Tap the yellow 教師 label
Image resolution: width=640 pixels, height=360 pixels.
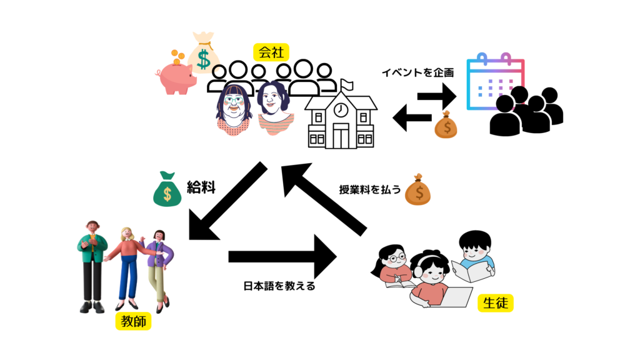point(132,322)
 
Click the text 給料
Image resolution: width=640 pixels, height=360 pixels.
point(201,187)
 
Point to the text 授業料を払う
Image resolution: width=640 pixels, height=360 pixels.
point(369,189)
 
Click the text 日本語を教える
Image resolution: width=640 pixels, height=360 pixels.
point(279,287)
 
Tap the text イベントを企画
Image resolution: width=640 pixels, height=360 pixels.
point(417,72)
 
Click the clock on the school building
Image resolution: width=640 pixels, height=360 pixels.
point(340,110)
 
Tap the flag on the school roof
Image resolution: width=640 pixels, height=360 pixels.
point(347,84)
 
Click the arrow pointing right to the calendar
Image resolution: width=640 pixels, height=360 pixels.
point(437,96)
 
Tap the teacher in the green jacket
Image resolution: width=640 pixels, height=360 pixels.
point(92,262)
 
